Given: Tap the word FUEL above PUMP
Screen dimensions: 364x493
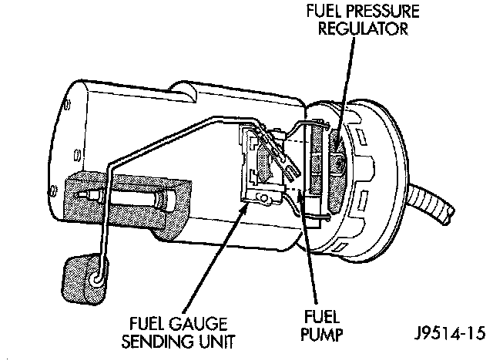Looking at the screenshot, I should (x=317, y=318).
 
